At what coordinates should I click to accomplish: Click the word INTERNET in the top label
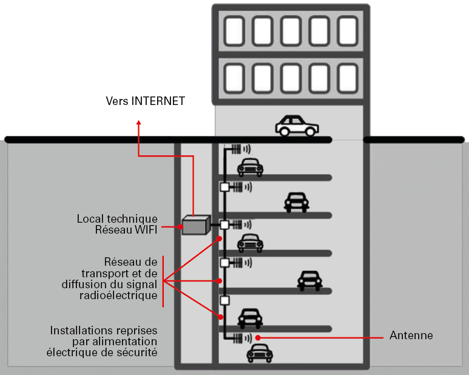click(x=158, y=101)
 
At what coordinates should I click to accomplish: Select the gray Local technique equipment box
click(x=195, y=226)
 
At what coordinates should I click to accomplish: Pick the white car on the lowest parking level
click(x=260, y=353)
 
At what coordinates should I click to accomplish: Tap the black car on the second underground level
click(x=295, y=203)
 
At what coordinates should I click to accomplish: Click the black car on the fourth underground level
click(x=309, y=280)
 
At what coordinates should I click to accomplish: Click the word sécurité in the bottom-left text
click(x=138, y=353)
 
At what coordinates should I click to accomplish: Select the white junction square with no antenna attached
click(x=224, y=300)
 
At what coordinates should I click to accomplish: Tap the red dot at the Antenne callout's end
click(x=258, y=336)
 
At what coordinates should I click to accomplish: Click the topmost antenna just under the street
click(x=239, y=148)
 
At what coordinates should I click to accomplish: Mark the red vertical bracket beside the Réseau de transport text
click(x=163, y=282)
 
